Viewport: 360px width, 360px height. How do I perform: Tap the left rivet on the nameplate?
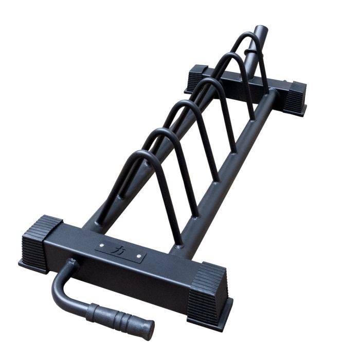click(101, 245)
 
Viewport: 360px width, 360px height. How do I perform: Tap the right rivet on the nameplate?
click(138, 254)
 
